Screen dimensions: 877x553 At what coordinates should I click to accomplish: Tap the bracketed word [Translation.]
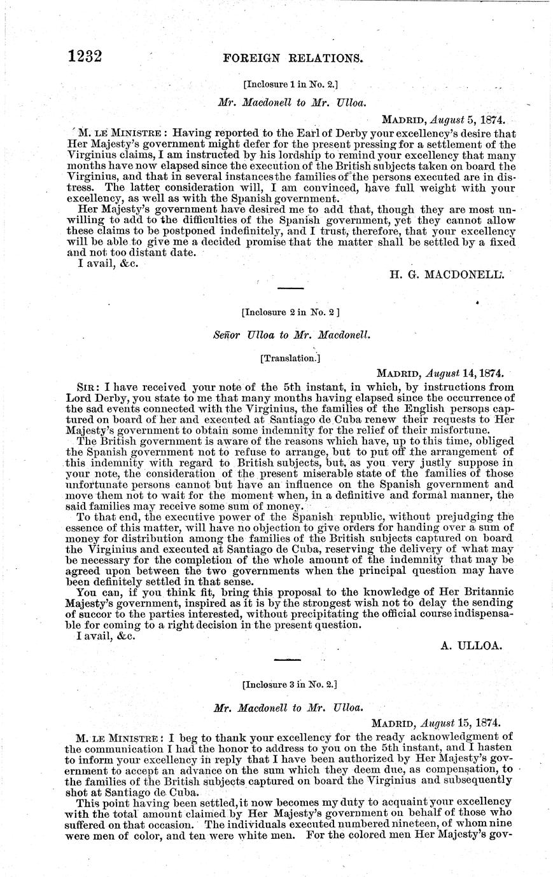(290, 358)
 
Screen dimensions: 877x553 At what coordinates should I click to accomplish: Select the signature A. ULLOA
(472, 646)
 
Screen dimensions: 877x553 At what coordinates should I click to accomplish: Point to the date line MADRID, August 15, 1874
(436, 723)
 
